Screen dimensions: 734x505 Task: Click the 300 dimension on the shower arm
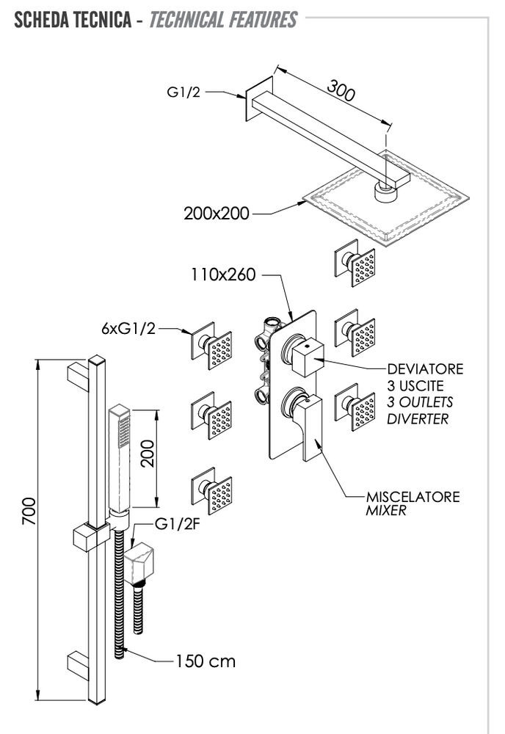(341, 90)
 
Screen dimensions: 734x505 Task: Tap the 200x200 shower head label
(217, 214)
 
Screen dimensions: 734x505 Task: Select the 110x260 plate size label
(223, 276)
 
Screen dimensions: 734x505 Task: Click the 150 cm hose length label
(206, 661)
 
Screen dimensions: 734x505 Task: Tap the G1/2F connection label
(174, 524)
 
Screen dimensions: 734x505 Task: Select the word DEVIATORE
(425, 368)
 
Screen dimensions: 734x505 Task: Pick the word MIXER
(385, 510)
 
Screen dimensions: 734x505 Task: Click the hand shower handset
(119, 455)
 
